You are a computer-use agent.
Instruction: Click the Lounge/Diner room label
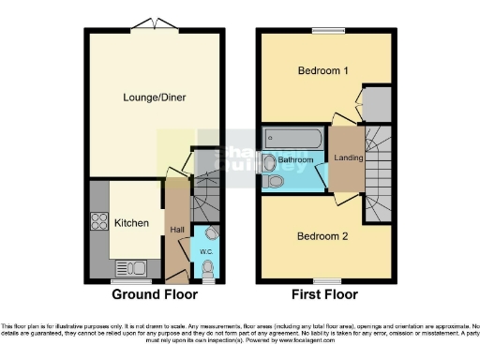coord(155,96)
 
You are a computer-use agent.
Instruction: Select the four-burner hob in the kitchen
coord(98,222)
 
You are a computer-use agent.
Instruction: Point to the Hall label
coord(176,230)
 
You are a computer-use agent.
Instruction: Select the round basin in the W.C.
coord(212,233)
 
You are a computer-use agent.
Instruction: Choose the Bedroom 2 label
coord(322,236)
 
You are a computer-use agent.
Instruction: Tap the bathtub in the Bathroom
coord(293,141)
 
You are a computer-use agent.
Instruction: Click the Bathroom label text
coord(295,161)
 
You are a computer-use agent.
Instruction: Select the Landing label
coord(349,157)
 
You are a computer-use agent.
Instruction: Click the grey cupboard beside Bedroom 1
coord(377,105)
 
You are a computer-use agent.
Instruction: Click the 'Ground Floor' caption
coord(155,294)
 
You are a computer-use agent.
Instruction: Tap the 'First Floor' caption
coord(324,294)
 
